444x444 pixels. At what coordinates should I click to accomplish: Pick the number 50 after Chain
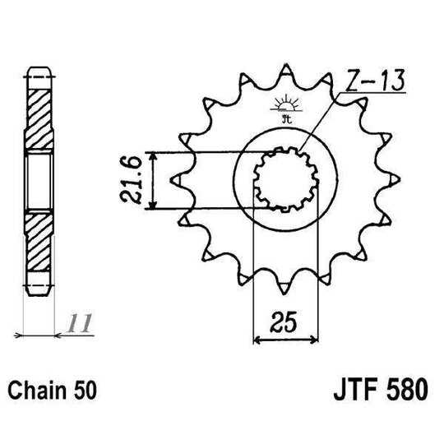tap(86, 389)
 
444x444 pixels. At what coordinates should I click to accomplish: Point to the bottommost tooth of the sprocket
tap(284, 289)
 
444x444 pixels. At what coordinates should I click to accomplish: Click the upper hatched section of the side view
tap(39, 111)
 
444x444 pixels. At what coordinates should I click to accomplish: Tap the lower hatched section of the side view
tap(39, 247)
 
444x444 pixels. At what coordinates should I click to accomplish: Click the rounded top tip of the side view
tap(39, 67)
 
